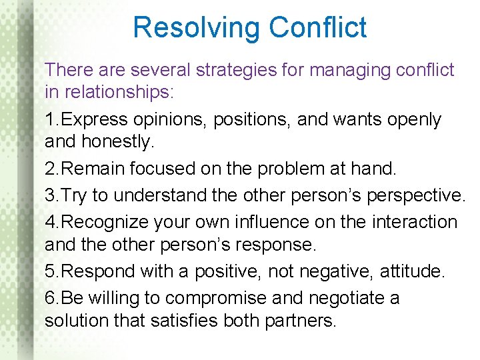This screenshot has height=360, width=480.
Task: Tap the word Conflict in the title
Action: pos(318,28)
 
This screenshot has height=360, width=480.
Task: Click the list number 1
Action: pos(50,120)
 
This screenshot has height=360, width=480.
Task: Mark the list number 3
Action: pos(50,196)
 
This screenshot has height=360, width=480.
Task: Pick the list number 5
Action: pos(50,272)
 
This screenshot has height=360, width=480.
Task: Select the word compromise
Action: pos(222,297)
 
